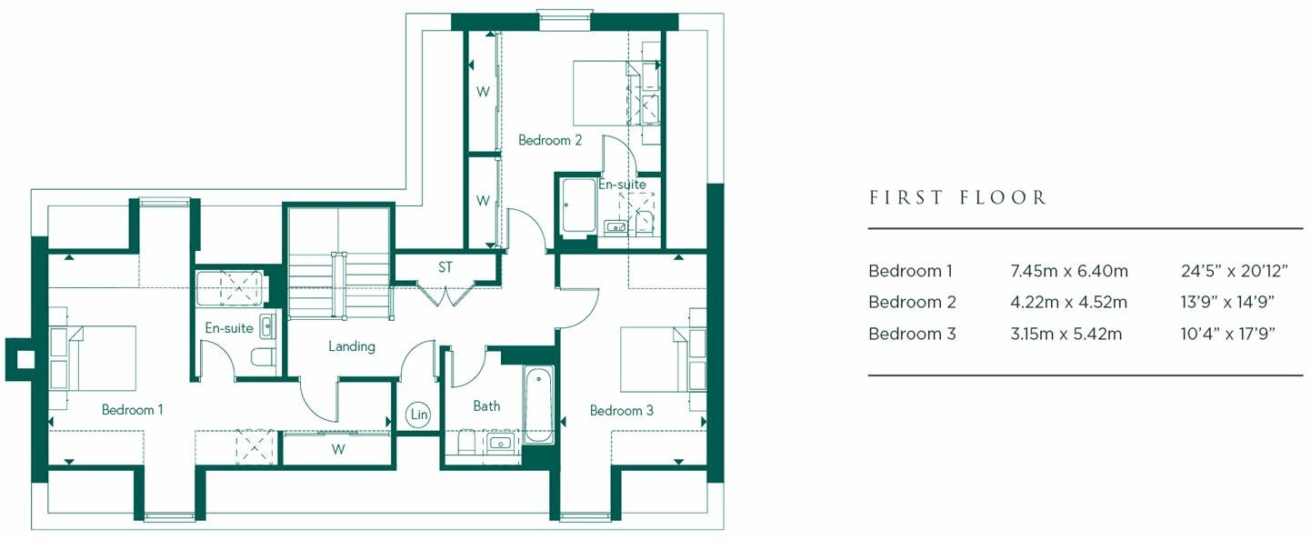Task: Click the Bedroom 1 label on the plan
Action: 132,410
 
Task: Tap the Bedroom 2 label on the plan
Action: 549,140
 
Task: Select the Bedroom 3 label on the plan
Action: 621,411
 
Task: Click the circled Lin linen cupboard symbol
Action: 418,415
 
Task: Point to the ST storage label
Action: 445,268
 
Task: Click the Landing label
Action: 351,346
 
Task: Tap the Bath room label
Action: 486,406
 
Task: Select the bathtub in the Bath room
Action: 537,405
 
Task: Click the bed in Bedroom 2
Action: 602,93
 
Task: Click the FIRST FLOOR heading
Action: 958,197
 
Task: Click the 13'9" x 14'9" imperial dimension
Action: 1227,302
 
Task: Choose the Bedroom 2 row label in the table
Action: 912,302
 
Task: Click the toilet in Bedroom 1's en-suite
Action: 264,357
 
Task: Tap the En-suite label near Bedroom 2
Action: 622,185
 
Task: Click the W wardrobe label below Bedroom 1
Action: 338,448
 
